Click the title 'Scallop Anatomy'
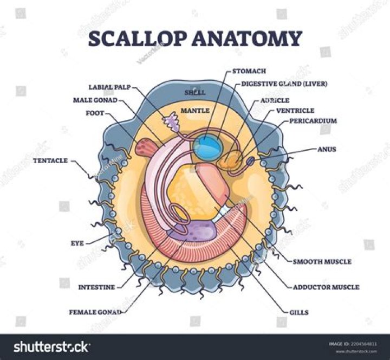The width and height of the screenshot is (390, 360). [195, 39]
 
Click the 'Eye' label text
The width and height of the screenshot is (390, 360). [77, 243]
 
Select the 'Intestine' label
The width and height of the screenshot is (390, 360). [96, 287]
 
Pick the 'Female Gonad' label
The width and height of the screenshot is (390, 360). [94, 312]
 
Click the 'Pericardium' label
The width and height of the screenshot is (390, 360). [314, 120]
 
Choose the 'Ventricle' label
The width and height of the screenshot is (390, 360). [295, 110]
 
